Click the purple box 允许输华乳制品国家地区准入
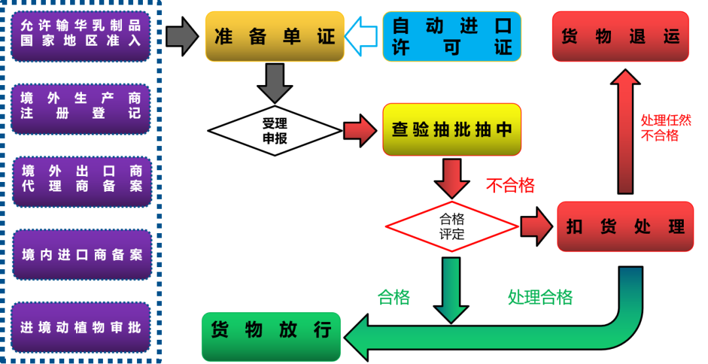tap(81, 35)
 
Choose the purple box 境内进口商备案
tap(81, 254)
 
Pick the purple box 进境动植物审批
tap(81, 327)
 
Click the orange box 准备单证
tap(275, 36)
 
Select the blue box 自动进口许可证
tap(452, 36)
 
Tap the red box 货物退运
tap(620, 36)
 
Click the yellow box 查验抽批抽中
tap(452, 130)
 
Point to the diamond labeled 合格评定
tap(452, 227)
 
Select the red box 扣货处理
tap(625, 227)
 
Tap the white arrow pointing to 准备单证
tap(362, 36)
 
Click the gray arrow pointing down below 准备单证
tap(275, 82)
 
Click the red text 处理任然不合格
tap(665, 128)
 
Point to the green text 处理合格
tap(540, 297)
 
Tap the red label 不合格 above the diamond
tap(510, 186)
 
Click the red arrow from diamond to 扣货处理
tap(538, 227)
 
